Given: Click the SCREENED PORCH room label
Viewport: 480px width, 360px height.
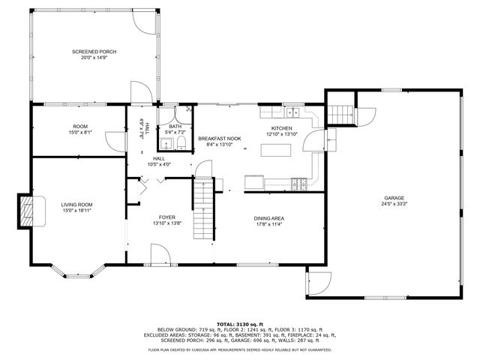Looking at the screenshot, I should pyautogui.click(x=94, y=52).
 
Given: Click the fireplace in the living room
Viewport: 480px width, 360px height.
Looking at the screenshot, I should pyautogui.click(x=28, y=210).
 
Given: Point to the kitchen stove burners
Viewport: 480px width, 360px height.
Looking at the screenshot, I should pyautogui.click(x=298, y=181).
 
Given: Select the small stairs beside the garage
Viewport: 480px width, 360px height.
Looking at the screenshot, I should pyautogui.click(x=341, y=113).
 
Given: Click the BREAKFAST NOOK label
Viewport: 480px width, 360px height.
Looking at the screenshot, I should pyautogui.click(x=219, y=139).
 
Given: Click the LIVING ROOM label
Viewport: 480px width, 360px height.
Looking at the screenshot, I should pyautogui.click(x=76, y=204).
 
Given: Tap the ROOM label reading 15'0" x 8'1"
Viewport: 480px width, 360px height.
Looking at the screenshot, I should pyautogui.click(x=81, y=132).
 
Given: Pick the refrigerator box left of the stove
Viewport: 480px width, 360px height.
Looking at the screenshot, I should pyautogui.click(x=253, y=181).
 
